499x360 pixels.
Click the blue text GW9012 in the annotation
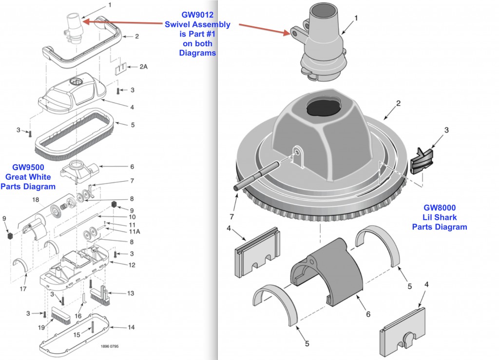point(197,14)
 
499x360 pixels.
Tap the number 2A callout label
point(143,66)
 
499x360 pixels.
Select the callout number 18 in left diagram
point(36,200)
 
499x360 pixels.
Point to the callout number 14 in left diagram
point(131,327)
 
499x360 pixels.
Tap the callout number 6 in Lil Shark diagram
point(368,314)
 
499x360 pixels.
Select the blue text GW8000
point(440,207)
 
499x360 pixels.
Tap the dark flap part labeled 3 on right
point(422,160)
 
